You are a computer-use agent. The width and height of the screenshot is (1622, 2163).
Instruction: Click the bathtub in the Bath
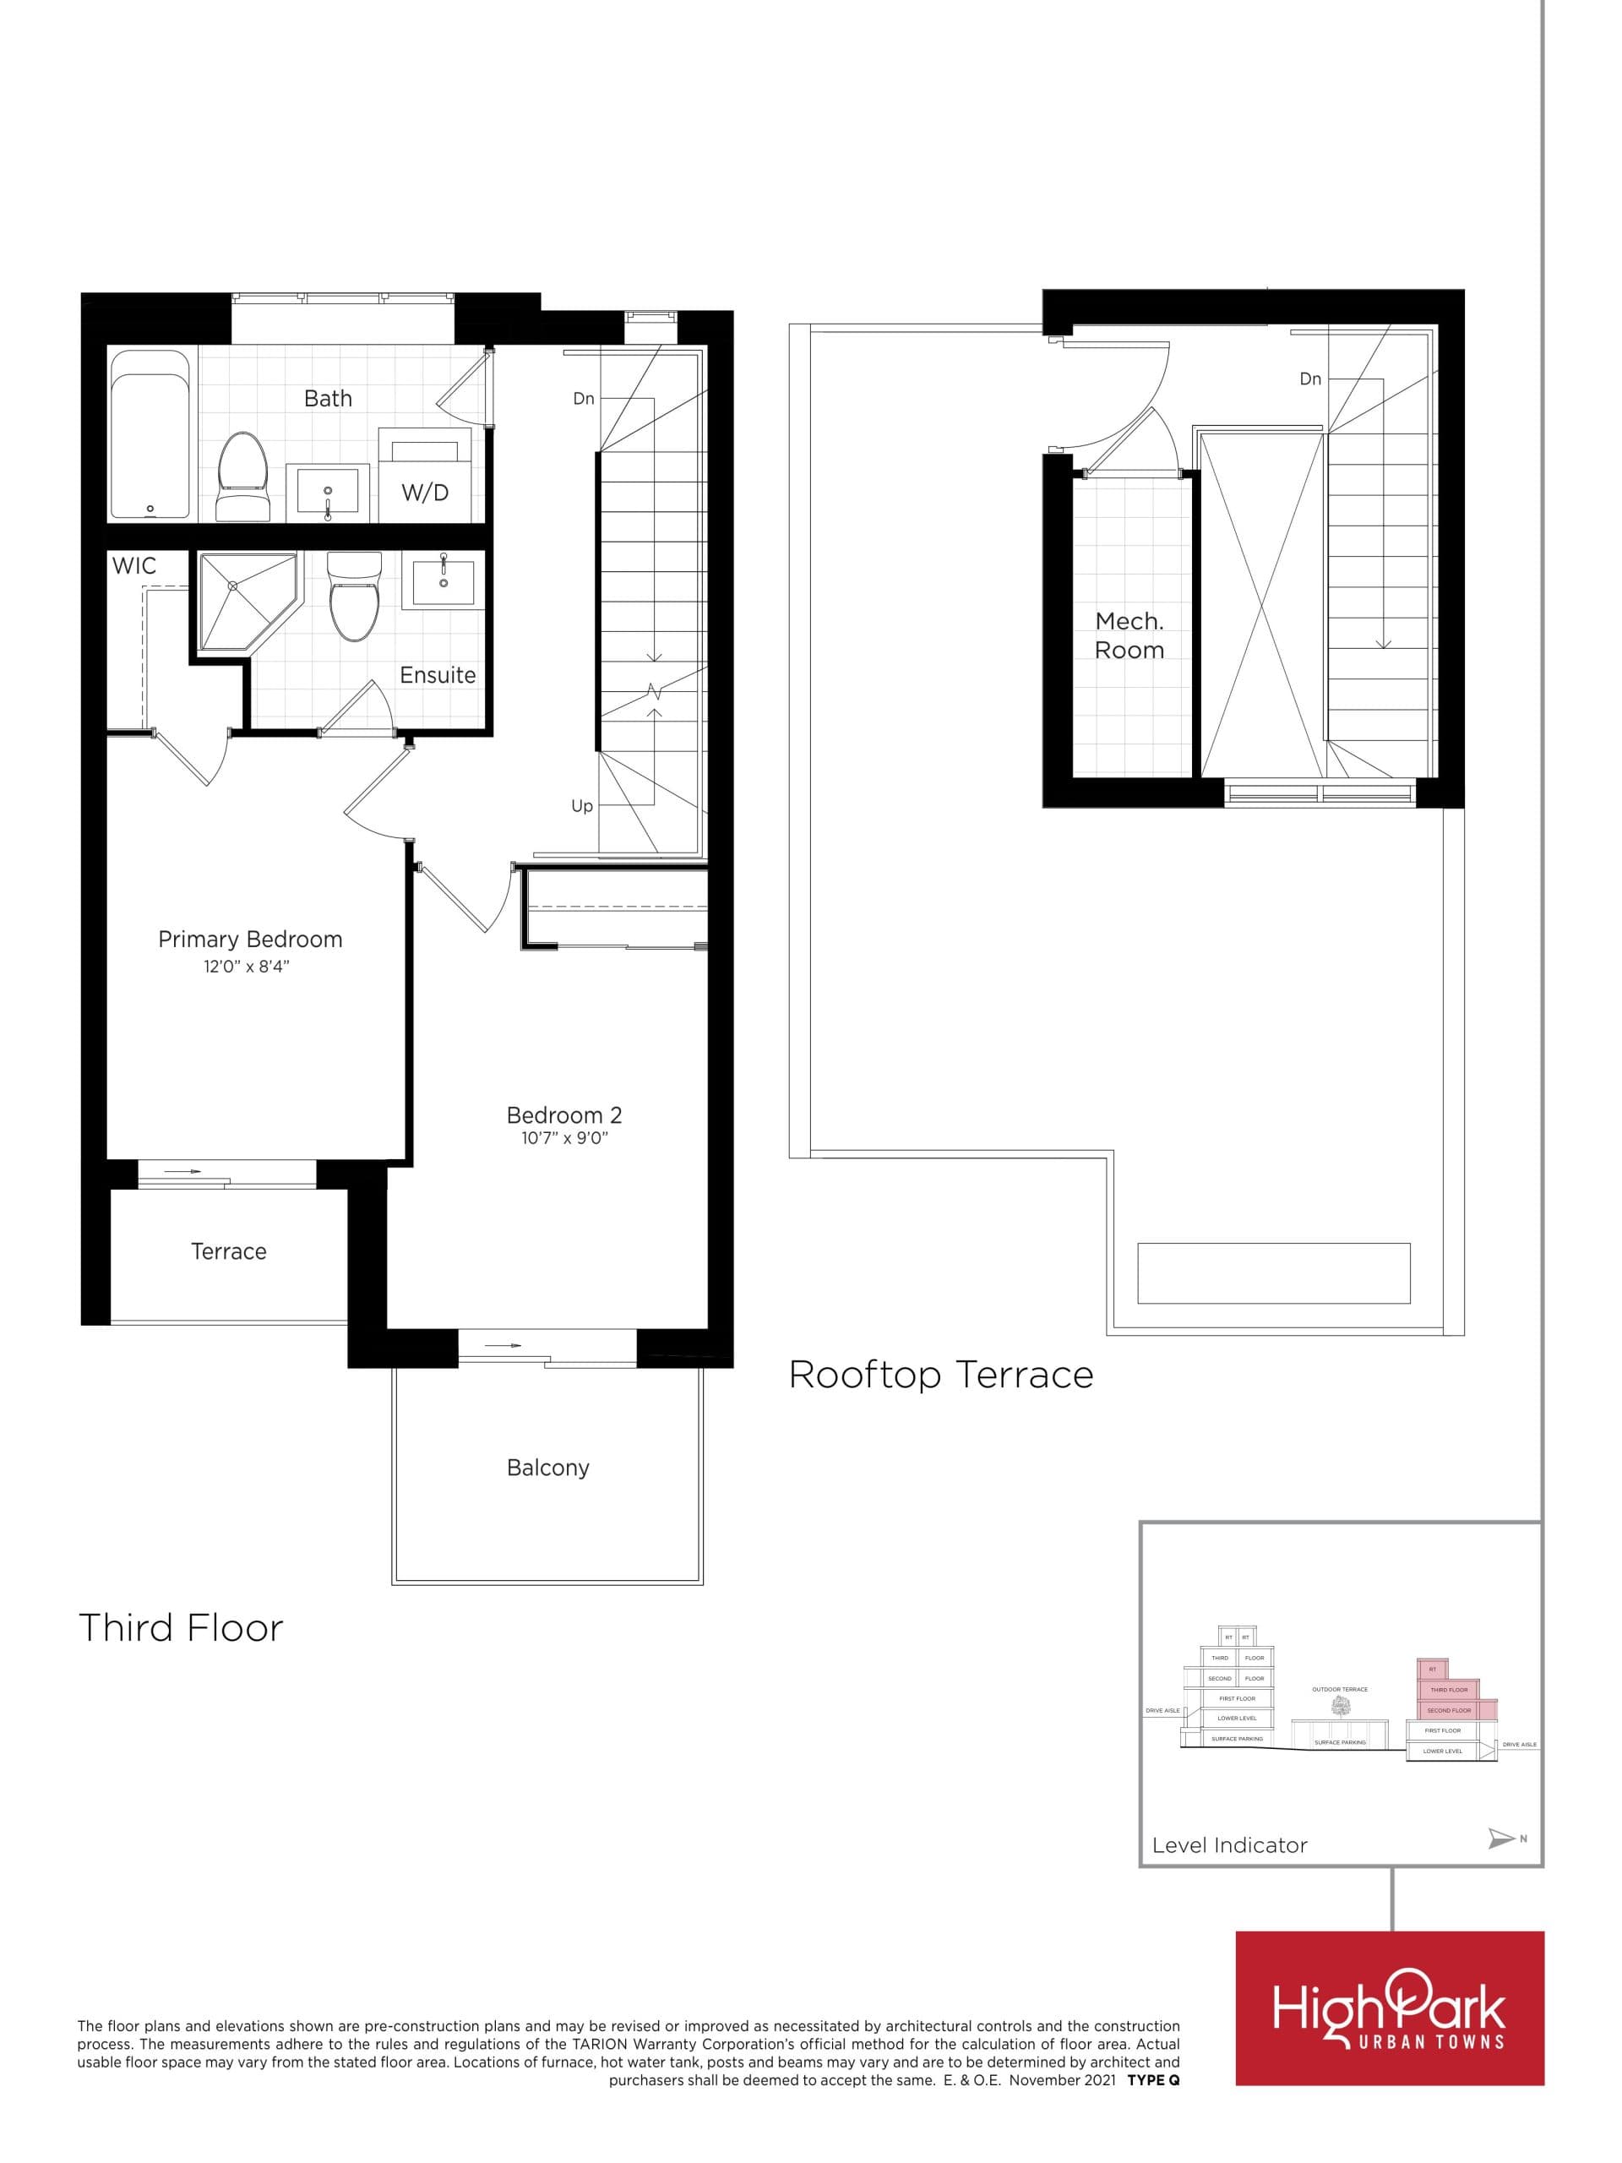(x=150, y=434)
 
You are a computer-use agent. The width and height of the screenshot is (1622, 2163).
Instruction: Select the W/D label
(x=425, y=493)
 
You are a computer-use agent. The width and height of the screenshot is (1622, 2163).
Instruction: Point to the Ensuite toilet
(x=354, y=597)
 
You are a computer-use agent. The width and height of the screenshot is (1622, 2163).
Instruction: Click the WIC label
(x=134, y=565)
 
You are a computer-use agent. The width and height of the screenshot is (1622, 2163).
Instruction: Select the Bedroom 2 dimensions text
(x=564, y=1138)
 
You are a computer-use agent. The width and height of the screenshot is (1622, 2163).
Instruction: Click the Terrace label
(x=228, y=1251)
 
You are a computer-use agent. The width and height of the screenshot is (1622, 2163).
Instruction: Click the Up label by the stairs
(x=582, y=806)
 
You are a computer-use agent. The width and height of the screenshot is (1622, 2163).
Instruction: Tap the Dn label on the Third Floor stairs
(x=584, y=399)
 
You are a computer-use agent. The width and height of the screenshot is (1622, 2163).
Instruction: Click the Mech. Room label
(x=1129, y=635)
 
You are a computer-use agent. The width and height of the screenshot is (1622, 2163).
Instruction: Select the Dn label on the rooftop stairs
(x=1310, y=379)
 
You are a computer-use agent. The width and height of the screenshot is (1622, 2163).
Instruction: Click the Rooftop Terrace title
(x=940, y=1375)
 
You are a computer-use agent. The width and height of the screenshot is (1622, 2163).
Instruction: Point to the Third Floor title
(x=181, y=1628)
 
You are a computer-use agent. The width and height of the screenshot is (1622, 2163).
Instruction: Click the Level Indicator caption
(x=1229, y=1845)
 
